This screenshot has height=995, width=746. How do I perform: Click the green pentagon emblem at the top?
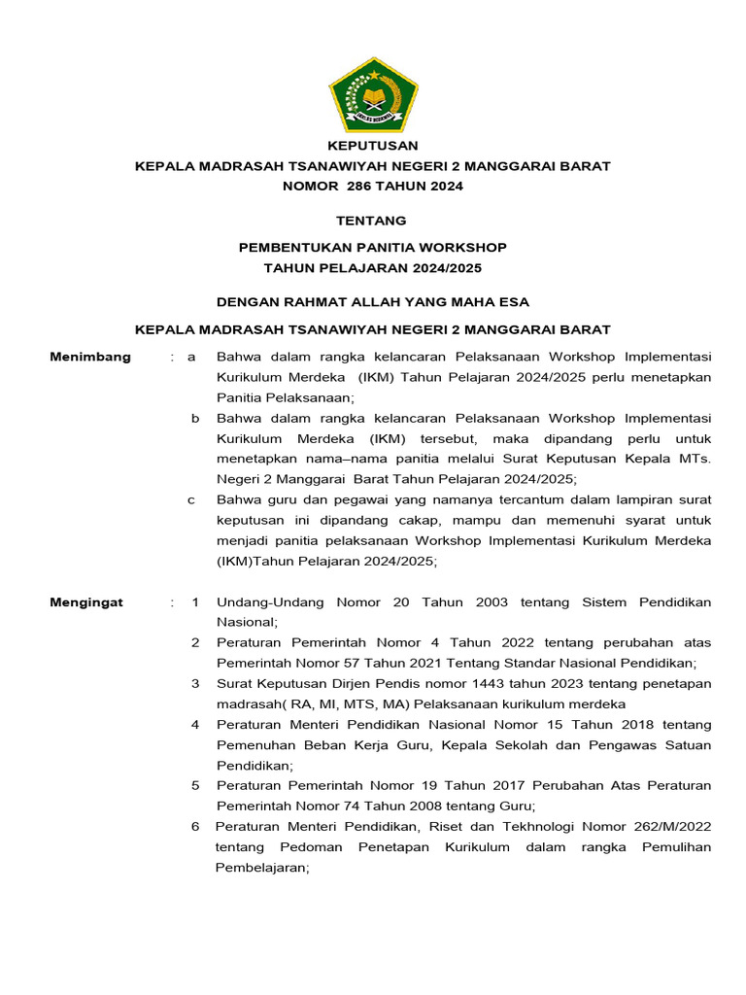point(373,95)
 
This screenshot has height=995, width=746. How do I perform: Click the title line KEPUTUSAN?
point(373,146)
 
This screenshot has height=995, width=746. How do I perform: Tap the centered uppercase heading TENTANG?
point(372,221)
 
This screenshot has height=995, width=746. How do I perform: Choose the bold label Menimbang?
point(90,357)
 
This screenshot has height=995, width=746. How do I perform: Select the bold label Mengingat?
point(86,602)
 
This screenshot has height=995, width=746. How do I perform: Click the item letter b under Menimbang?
point(194,418)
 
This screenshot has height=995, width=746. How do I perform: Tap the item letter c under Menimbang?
point(192,499)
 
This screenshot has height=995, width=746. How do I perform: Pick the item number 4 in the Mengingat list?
point(195,725)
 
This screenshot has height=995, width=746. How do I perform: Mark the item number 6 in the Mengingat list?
point(195,826)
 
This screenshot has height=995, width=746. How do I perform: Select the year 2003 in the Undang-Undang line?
point(492,602)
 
